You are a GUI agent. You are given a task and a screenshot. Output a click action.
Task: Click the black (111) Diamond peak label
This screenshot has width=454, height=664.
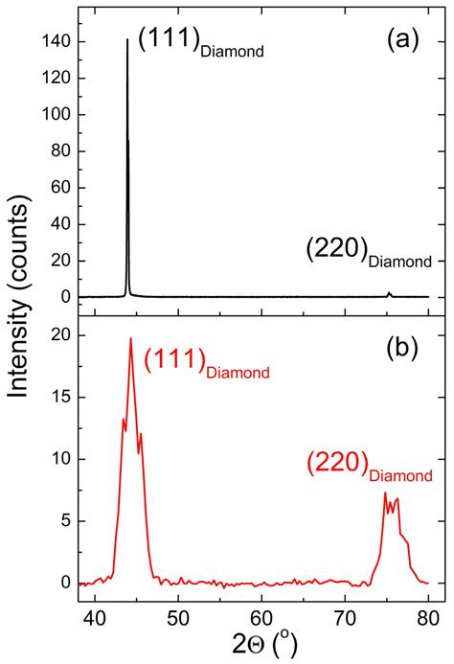[200, 44]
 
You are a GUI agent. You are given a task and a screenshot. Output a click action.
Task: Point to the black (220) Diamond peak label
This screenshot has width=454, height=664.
[369, 252]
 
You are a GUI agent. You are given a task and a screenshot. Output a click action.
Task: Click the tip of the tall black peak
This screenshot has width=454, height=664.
[127, 39]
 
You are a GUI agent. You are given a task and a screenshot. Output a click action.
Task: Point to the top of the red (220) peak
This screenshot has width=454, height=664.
[385, 492]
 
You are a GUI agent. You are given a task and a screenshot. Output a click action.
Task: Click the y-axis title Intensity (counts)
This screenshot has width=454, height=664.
[21, 316]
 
